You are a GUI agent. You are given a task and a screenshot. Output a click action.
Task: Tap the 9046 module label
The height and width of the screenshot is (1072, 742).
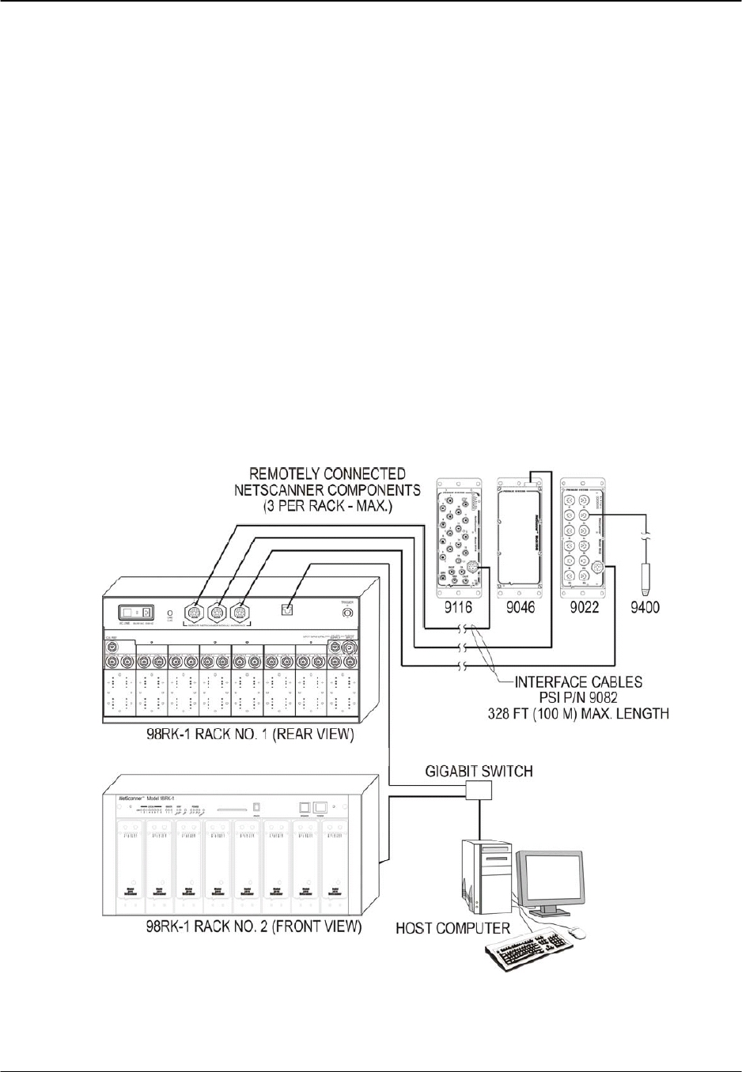click(517, 608)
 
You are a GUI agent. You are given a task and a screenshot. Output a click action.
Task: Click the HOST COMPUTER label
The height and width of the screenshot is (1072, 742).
click(452, 927)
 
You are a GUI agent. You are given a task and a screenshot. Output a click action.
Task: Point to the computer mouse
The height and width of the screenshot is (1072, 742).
click(579, 934)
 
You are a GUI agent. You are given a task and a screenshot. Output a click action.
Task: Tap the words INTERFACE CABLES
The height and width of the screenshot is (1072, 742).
click(578, 681)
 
